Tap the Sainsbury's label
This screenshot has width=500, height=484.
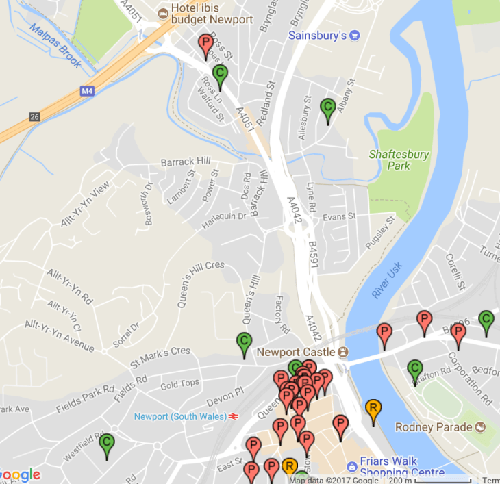tap(317, 35)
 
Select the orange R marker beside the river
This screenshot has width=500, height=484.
tap(373, 409)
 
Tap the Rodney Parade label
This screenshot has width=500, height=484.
tap(434, 427)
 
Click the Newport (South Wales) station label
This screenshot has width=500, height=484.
tap(180, 416)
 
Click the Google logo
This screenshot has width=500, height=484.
tap(21, 474)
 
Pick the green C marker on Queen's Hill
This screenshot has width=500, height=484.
tap(244, 342)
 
